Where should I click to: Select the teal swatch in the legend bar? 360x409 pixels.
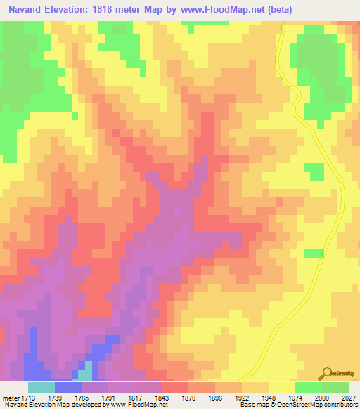41,387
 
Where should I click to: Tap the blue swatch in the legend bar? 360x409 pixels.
68,387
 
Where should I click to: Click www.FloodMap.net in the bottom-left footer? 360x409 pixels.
139,405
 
